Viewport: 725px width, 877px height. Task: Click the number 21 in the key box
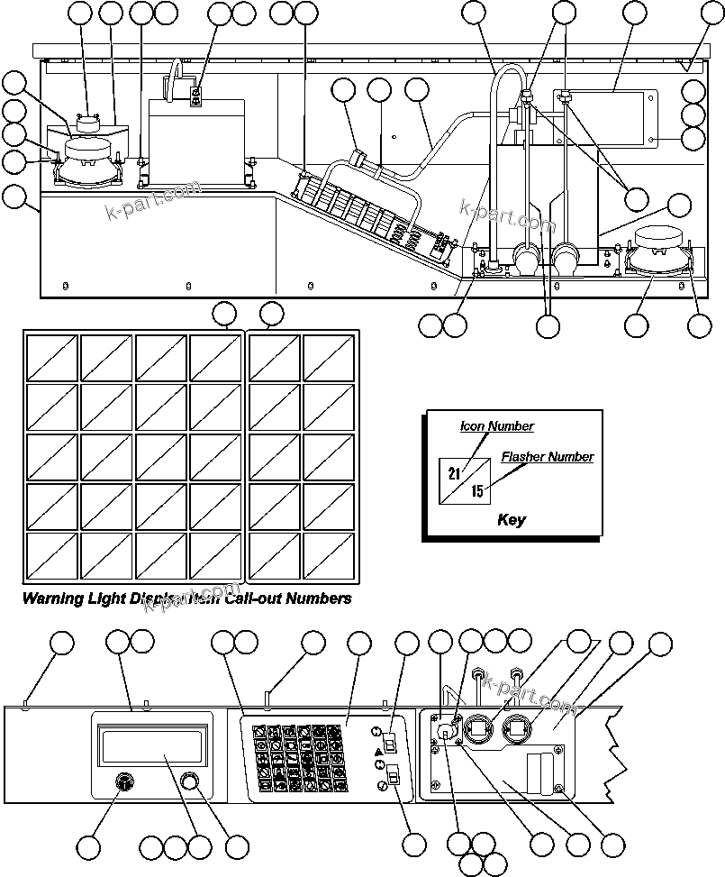[454, 473]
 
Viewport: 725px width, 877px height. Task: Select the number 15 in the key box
[477, 491]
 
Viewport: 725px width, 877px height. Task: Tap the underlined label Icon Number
[496, 426]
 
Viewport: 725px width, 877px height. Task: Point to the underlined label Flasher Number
[547, 457]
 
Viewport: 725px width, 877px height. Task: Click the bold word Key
[512, 520]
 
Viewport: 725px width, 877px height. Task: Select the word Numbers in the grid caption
[318, 598]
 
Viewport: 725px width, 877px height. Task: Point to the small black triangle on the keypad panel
[378, 751]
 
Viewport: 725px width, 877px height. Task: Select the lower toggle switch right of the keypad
[393, 775]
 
